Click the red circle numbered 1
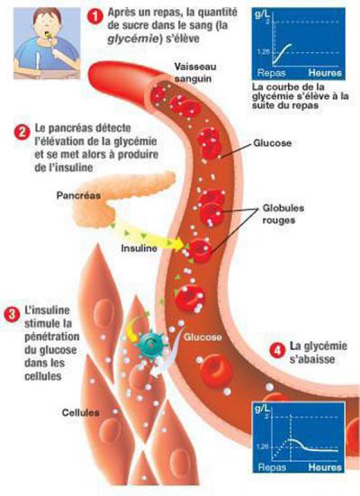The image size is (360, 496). (x=94, y=17)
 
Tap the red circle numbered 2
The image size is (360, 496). (x=22, y=131)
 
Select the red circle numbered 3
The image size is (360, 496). (x=13, y=314)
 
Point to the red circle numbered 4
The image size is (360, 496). (x=277, y=350)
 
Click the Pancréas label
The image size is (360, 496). (x=78, y=195)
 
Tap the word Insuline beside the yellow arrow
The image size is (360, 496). (x=139, y=248)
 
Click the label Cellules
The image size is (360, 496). (x=80, y=412)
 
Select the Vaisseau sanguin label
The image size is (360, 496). (x=195, y=73)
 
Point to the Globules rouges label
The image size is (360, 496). (x=283, y=214)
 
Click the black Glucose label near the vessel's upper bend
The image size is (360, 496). (x=273, y=143)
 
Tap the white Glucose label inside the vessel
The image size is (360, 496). (x=202, y=338)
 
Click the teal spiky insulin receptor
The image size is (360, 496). (x=152, y=342)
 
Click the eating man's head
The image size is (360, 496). (x=47, y=23)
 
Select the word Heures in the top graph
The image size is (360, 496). (x=325, y=73)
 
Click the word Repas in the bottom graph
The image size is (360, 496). (x=272, y=467)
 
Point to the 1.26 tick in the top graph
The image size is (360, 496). (x=263, y=51)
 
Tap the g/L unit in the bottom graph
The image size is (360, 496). (x=262, y=410)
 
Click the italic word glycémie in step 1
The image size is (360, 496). (x=133, y=40)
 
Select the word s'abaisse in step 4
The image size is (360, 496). (x=312, y=359)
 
